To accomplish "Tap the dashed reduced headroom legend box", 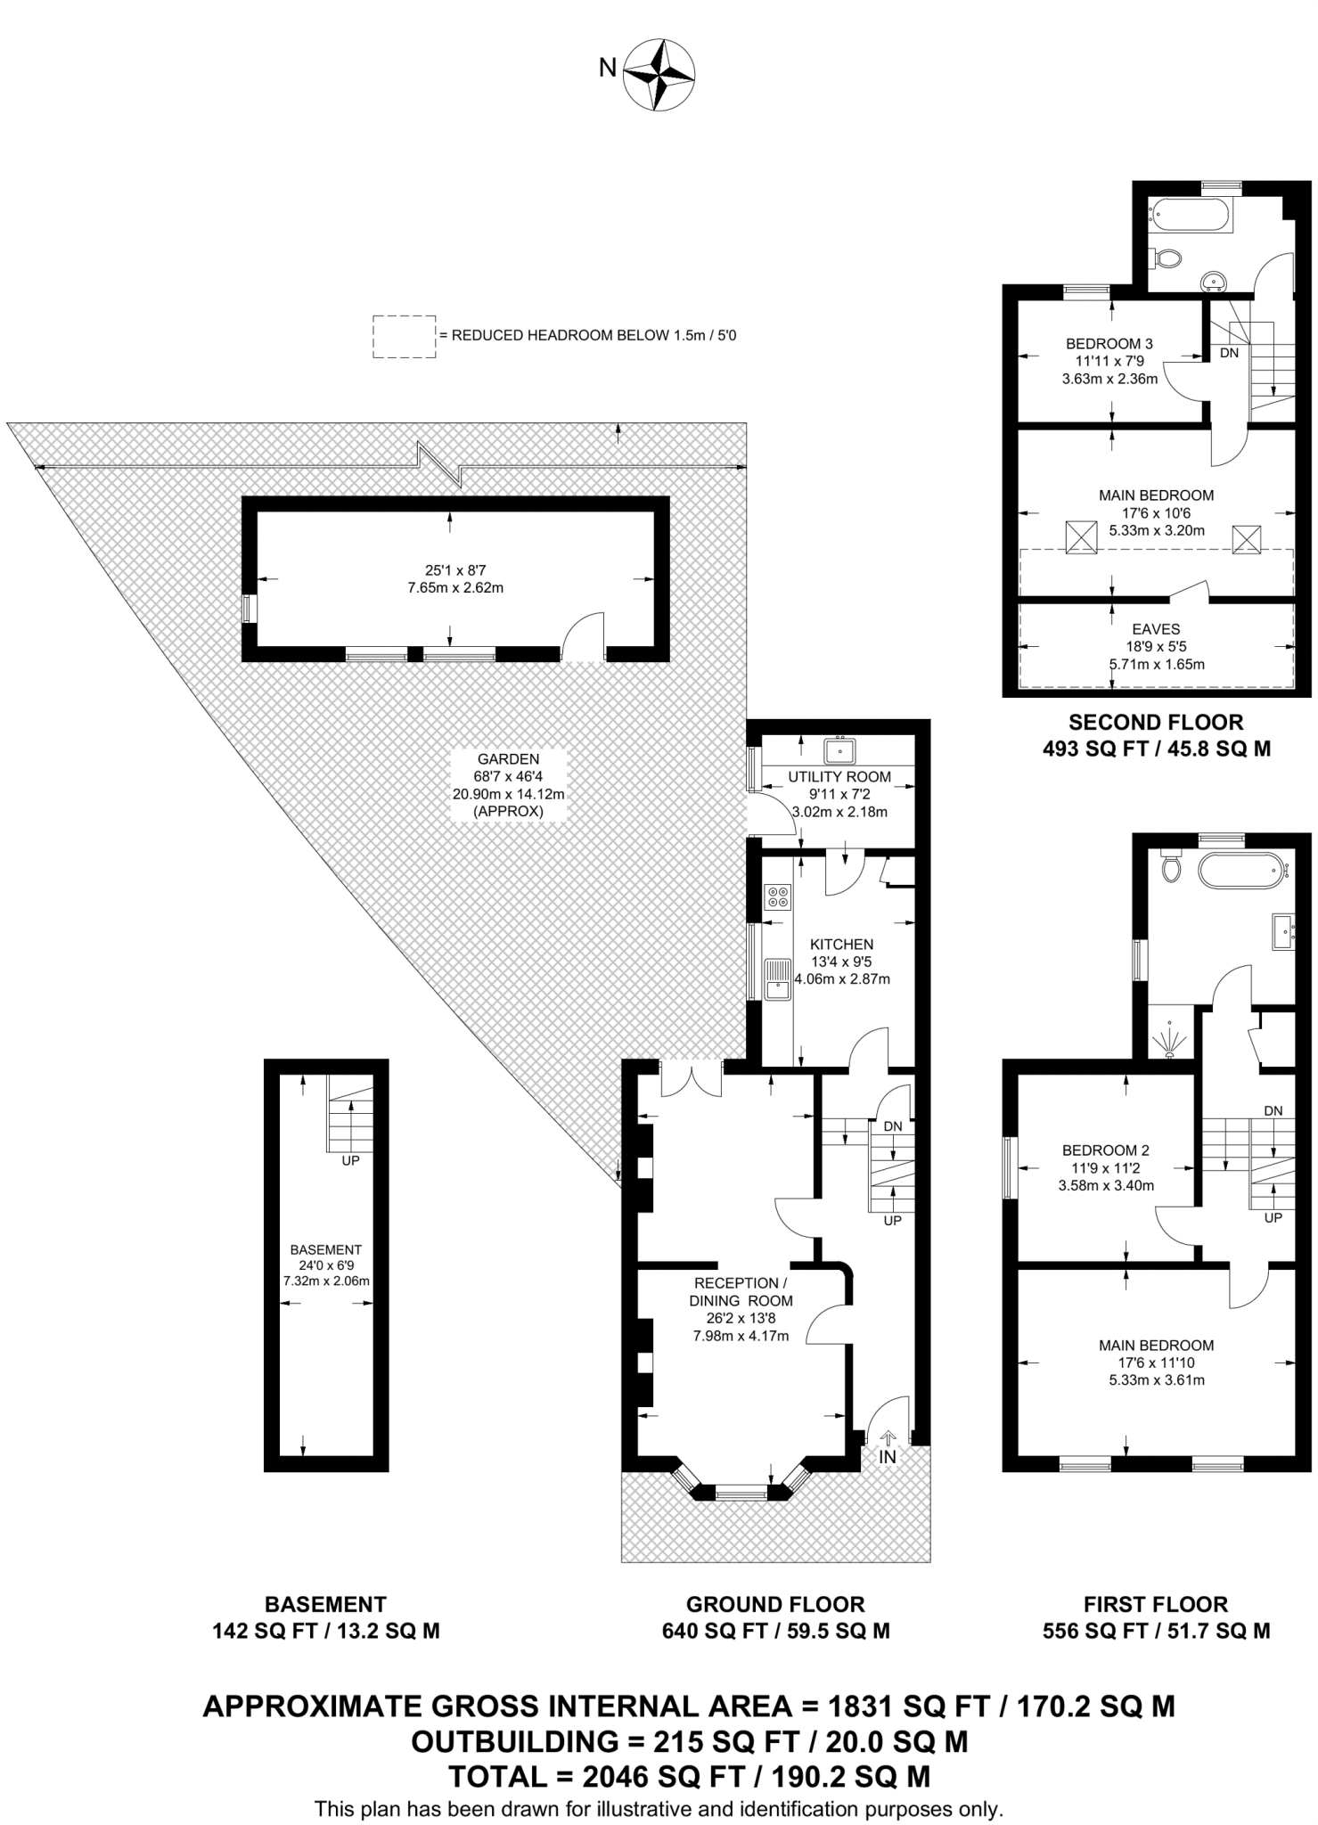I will click(x=404, y=337).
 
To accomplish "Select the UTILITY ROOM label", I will click(x=839, y=777).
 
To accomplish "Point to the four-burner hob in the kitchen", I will click(x=777, y=896).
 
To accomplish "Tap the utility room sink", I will click(x=839, y=750).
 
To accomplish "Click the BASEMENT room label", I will click(x=325, y=1249).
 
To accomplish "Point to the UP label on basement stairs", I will click(x=351, y=1161).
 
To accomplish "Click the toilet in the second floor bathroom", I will click(x=1166, y=258).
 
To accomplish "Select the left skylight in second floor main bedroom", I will click(x=1081, y=538).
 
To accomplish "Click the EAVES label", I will click(x=1156, y=629).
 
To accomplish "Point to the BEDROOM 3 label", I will click(x=1109, y=344).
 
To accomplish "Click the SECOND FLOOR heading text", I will click(x=1156, y=722).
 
